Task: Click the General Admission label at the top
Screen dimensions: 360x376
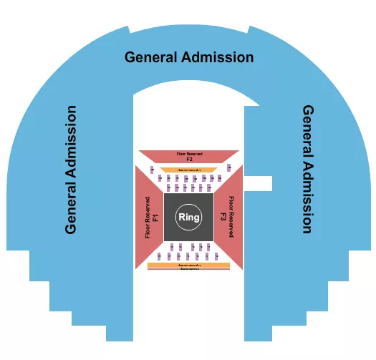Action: (x=189, y=57)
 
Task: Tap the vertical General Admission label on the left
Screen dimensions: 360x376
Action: (x=71, y=170)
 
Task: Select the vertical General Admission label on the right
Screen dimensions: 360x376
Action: (x=307, y=170)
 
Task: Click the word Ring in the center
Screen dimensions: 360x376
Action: (x=189, y=217)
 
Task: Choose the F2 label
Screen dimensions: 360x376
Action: (x=189, y=160)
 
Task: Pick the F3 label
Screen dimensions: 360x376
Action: (x=223, y=217)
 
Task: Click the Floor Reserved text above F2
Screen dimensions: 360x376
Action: (x=189, y=153)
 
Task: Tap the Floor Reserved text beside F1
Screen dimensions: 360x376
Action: (x=148, y=217)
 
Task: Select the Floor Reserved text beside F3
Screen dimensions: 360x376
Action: (x=231, y=217)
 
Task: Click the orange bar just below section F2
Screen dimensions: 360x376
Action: (x=189, y=170)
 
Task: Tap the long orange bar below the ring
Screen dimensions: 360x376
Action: (x=189, y=265)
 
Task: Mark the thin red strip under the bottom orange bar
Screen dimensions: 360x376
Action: (x=189, y=269)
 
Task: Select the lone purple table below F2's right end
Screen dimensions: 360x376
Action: (x=226, y=168)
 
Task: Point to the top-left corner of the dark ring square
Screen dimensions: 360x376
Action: (x=165, y=194)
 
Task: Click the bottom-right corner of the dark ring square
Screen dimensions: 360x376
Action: (x=213, y=240)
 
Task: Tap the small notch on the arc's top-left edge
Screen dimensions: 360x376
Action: (x=129, y=31)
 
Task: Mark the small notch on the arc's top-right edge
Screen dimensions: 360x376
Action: (x=249, y=31)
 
